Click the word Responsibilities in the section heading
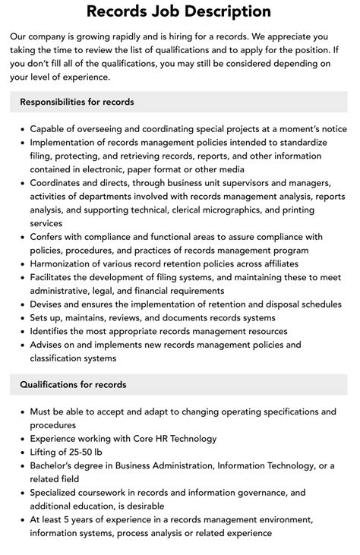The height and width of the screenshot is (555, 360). tap(55, 102)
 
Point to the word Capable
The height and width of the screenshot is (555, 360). tap(49, 128)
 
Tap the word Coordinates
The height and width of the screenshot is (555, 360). tap(60, 182)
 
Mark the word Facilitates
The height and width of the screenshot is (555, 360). tap(55, 277)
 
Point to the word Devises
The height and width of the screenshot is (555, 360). tap(49, 304)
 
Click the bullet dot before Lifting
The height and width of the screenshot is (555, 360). tap(21, 452)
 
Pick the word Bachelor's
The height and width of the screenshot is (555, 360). tap(55, 465)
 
